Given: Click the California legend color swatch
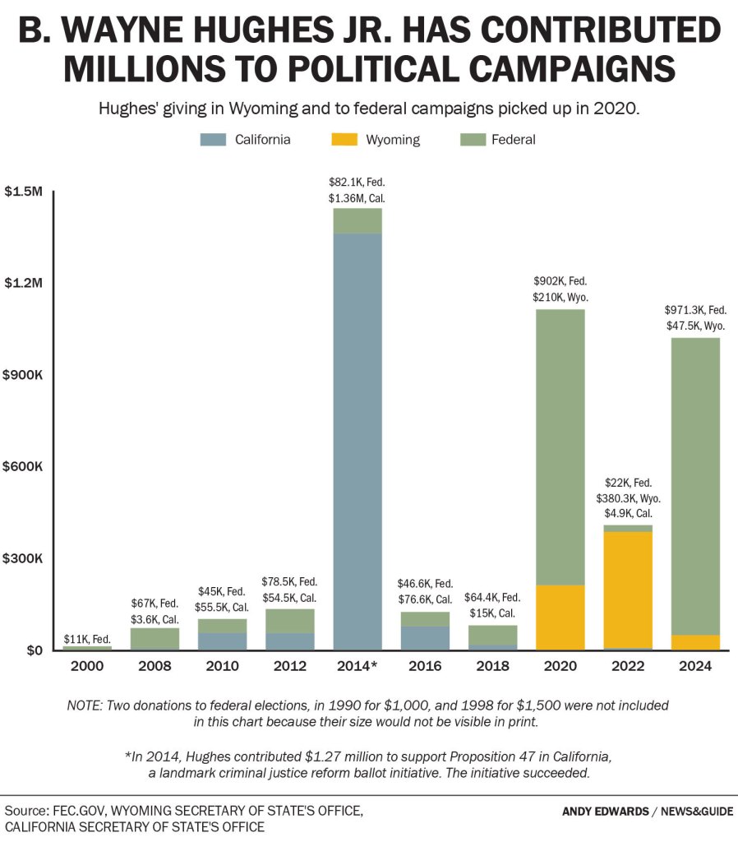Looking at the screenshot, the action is [x=213, y=140].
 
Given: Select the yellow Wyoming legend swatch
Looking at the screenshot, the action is [x=344, y=140].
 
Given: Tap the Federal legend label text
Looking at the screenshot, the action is [x=514, y=140].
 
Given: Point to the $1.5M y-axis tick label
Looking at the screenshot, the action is [x=23, y=191].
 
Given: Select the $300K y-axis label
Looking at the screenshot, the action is [x=22, y=558].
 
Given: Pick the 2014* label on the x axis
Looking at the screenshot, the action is [x=357, y=666].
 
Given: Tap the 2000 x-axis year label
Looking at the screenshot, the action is [x=87, y=666].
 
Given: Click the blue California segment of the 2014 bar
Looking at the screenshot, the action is [x=357, y=442].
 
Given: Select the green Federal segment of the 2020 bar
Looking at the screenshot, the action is [x=560, y=447].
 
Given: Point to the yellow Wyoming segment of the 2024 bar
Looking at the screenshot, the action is [x=695, y=643].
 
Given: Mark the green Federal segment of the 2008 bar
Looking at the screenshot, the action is [x=155, y=638].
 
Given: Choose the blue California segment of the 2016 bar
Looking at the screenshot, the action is [x=425, y=638].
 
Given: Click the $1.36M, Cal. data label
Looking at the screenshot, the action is [x=357, y=198].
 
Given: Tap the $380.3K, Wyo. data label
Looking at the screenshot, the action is [x=628, y=498].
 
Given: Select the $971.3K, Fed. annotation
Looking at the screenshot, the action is [x=695, y=310].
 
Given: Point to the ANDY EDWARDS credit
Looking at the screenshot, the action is [x=606, y=812].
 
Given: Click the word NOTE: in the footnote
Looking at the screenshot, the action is [x=85, y=706].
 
